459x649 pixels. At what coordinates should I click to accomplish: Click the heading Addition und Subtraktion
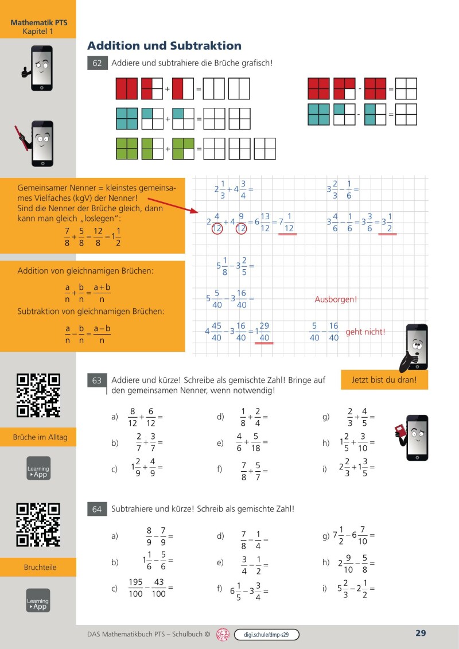coord(164,46)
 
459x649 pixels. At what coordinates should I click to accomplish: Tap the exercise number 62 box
coord(97,63)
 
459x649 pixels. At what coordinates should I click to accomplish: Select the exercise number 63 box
coord(97,380)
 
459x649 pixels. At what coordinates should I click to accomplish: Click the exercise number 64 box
coord(97,509)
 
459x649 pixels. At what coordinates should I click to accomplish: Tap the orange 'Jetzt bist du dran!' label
coord(384,380)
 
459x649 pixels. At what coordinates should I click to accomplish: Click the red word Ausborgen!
coord(336,300)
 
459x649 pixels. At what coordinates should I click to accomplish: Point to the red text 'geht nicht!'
coord(365,332)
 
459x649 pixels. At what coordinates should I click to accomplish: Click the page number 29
coord(421,634)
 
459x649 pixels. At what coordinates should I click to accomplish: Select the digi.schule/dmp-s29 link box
coord(267,635)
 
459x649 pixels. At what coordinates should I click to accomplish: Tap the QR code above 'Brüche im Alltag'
coord(38,395)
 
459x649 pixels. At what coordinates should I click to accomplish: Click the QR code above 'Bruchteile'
coord(38,524)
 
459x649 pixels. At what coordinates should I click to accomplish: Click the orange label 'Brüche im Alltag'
coord(40,437)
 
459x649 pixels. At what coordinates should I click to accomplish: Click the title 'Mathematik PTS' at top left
coord(38,22)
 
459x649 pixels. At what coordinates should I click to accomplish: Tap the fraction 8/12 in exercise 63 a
coord(133,417)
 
